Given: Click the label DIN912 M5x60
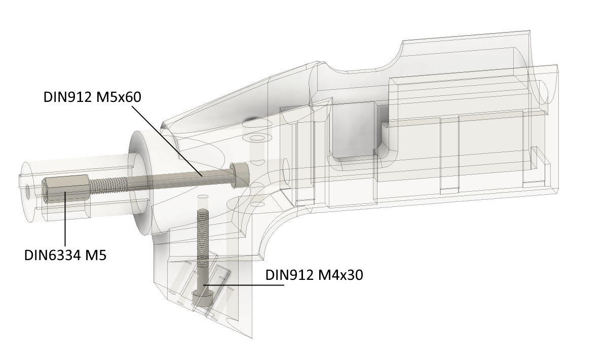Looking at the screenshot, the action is pos(92,97).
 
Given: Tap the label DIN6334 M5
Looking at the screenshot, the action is pos(65,256).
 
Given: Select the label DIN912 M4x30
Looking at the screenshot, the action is pos(314,275).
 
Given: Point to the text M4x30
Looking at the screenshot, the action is pos(340,275).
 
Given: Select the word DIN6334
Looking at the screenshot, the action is pos(52,256).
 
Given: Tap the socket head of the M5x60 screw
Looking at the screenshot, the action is pos(240,175).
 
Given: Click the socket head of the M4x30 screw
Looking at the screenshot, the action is pos(202,298).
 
